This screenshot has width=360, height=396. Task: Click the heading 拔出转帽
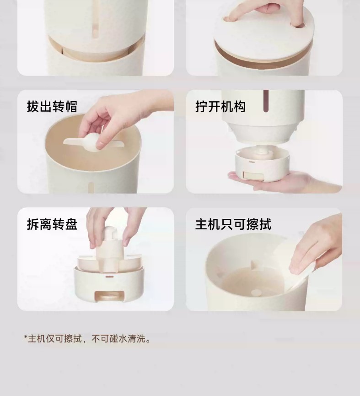point(52,106)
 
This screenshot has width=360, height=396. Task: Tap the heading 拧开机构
point(220,106)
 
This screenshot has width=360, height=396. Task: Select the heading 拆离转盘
point(52,224)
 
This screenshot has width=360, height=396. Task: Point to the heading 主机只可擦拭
point(233,224)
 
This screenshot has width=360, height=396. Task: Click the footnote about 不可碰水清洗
point(87,338)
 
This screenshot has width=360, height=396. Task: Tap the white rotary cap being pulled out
point(93,143)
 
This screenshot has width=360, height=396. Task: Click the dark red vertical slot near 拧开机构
point(266,101)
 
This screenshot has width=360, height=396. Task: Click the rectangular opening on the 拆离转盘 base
point(109,296)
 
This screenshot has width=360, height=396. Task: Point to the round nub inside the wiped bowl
point(256,293)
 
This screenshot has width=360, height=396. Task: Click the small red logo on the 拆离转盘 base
point(109,277)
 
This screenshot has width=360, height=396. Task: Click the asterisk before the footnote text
point(26,337)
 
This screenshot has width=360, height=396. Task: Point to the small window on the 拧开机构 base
point(250,175)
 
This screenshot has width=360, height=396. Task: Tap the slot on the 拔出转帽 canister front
point(91,187)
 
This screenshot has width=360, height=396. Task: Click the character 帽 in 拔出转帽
point(71,106)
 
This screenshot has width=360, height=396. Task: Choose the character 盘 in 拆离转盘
point(71,224)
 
